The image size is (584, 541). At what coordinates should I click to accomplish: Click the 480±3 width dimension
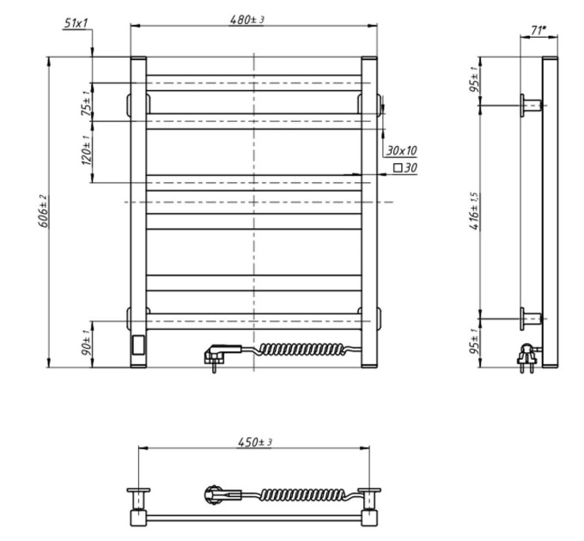[x=247, y=20]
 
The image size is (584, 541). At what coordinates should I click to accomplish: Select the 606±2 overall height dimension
[x=43, y=210]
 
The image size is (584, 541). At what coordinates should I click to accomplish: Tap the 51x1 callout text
[x=76, y=23]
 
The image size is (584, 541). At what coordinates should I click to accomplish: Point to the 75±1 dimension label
[x=86, y=103]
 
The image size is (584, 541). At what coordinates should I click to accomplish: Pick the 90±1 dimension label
[x=86, y=342]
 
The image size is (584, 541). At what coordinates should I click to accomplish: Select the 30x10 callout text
[x=402, y=150]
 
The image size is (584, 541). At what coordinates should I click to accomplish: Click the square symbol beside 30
[x=398, y=168]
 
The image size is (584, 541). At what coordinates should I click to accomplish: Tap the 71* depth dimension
[x=538, y=30]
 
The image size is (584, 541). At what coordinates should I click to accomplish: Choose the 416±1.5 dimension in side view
[x=474, y=210]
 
